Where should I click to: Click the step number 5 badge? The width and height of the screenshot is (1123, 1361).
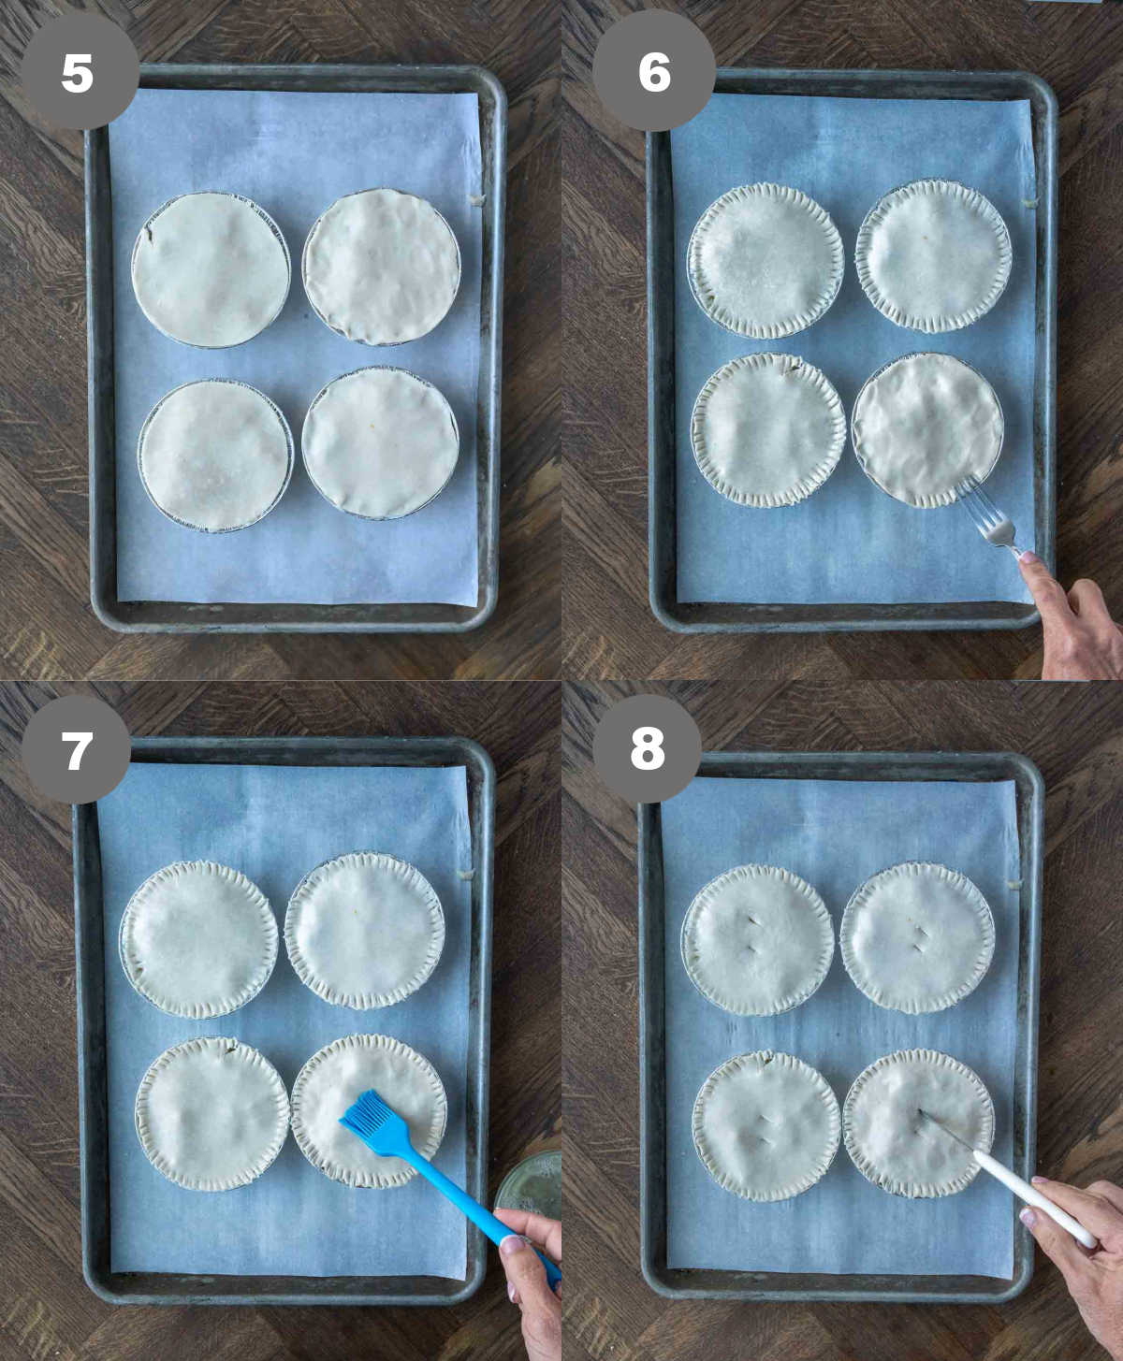pyautogui.click(x=79, y=71)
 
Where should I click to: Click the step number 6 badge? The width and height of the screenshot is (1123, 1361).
pyautogui.click(x=654, y=71)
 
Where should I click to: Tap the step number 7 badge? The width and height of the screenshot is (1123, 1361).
pyautogui.click(x=77, y=749)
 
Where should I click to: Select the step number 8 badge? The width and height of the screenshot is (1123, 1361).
pyautogui.click(x=648, y=748)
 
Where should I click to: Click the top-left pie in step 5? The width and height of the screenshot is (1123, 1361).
pyautogui.click(x=211, y=269)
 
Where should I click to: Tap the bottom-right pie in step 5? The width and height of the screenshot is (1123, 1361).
pyautogui.click(x=380, y=442)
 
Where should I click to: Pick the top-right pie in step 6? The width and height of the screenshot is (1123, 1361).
pyautogui.click(x=933, y=255)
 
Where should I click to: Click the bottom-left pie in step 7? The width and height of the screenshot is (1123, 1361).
pyautogui.click(x=212, y=1113)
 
